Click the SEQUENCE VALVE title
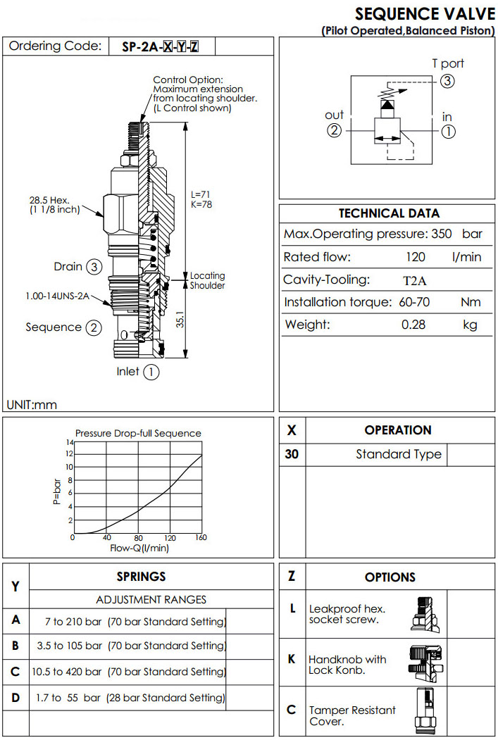click(x=424, y=13)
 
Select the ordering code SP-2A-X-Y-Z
click(x=161, y=47)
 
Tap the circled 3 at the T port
click(x=447, y=81)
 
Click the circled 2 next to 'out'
click(x=335, y=130)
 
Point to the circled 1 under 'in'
click(x=448, y=130)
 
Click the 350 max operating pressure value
click(x=441, y=234)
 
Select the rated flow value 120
click(x=416, y=257)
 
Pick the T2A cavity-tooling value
click(x=414, y=280)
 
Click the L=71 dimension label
click(x=201, y=194)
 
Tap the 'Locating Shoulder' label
click(x=207, y=281)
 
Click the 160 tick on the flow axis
click(x=201, y=538)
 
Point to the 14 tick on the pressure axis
click(x=70, y=442)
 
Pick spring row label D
click(x=15, y=698)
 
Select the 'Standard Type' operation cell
click(x=399, y=454)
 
